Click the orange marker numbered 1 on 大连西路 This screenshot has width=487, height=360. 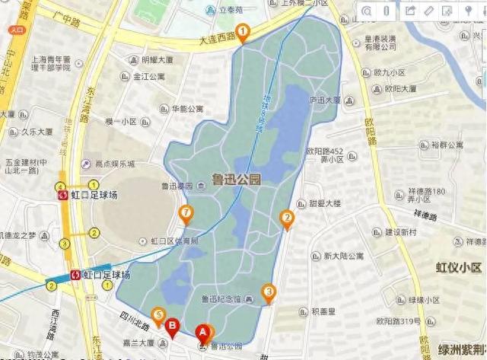pyautogui.click(x=243, y=32)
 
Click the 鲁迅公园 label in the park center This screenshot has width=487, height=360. pyautogui.click(x=237, y=180)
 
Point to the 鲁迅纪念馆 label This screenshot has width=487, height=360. pyautogui.click(x=221, y=299)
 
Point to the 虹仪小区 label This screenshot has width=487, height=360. pyautogui.click(x=460, y=267)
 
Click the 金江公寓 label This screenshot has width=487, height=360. pyautogui.click(x=149, y=77)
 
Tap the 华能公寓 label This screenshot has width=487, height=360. pyautogui.click(x=187, y=109)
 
